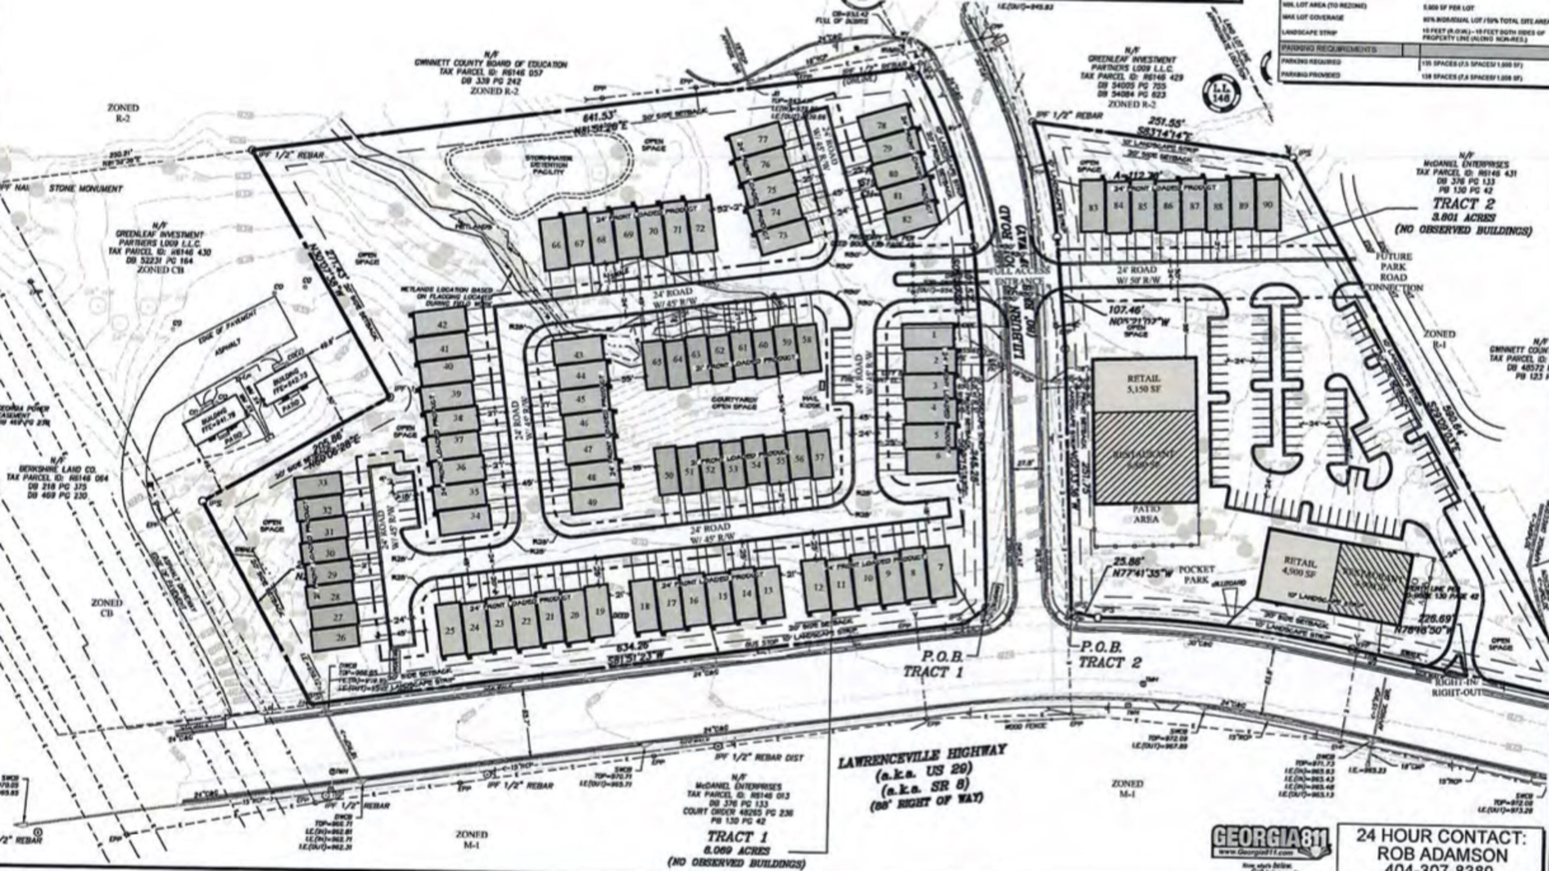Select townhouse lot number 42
tap(442, 325)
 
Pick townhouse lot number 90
tap(1267, 205)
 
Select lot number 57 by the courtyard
tap(818, 457)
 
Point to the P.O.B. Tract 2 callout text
tap(1109, 654)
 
